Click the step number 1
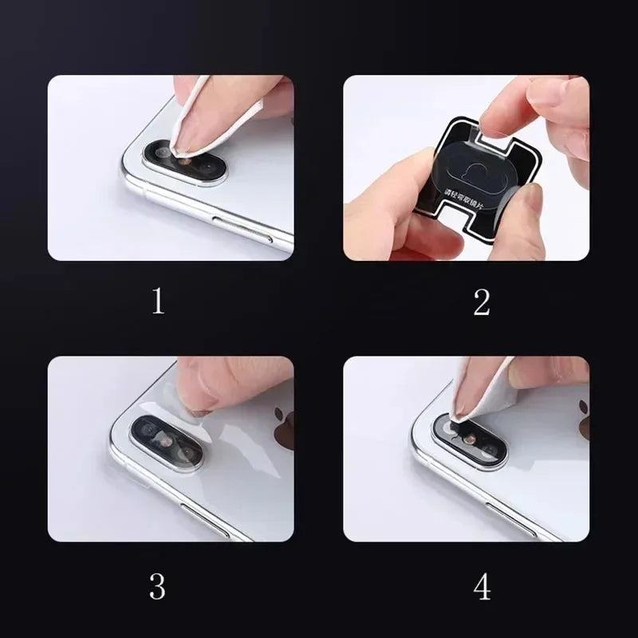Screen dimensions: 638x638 pos(158,302)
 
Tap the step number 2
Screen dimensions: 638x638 pos(481,302)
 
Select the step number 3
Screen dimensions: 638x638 pos(158,586)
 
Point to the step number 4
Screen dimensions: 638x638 pos(482,587)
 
